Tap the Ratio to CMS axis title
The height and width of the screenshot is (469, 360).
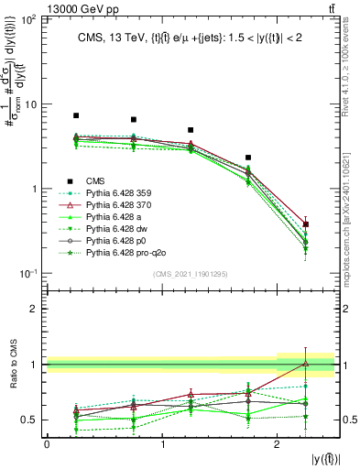point(16,364)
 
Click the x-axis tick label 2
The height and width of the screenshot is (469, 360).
point(277,444)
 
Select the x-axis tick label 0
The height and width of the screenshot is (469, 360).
point(47,444)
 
